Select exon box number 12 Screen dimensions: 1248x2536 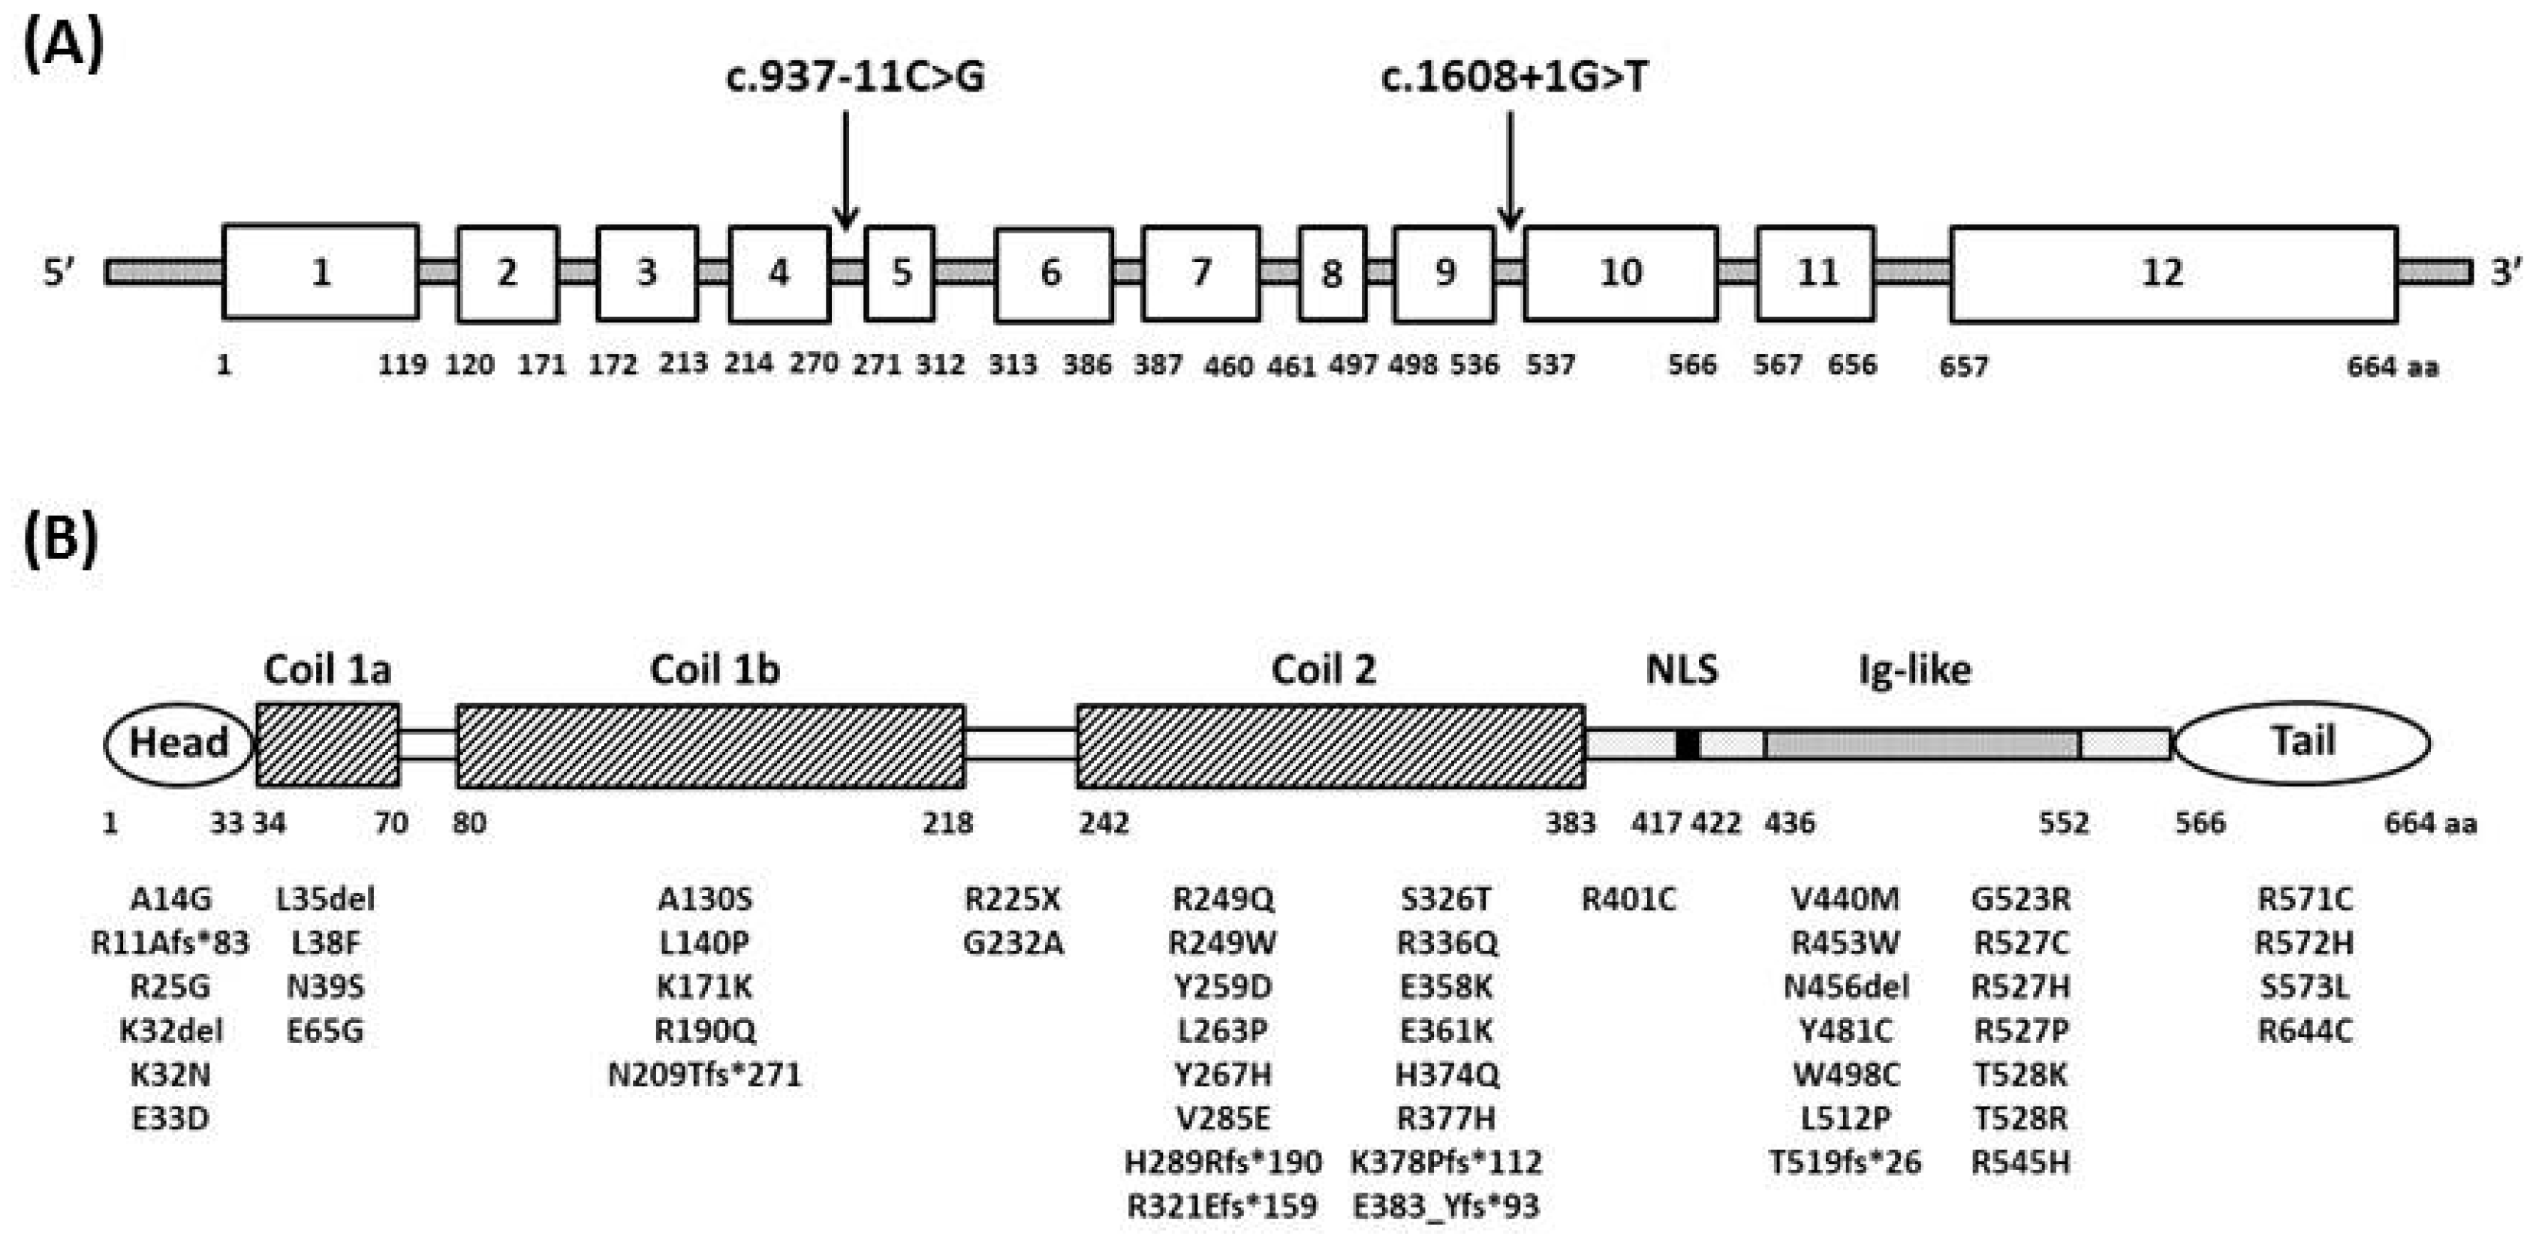tap(2173, 272)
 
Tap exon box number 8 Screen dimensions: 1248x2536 tap(1332, 272)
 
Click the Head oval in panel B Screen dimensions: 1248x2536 tap(178, 743)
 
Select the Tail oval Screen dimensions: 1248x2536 tap(2302, 742)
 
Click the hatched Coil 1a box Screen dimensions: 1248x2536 tap(328, 745)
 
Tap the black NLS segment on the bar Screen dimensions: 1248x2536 tap(1688, 745)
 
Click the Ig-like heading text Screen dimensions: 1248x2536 tap(1914, 670)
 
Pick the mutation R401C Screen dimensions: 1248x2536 tap(1628, 898)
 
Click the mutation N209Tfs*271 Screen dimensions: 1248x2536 tap(705, 1075)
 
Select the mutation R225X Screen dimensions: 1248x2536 tap(1012, 898)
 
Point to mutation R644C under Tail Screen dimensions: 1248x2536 tap(2305, 1031)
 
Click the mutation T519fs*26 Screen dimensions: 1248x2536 tap(1845, 1162)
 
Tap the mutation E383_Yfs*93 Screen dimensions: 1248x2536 tap(1445, 1207)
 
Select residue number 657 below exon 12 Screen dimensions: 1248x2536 tap(1963, 366)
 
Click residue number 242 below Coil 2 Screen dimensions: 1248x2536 tap(1104, 822)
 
